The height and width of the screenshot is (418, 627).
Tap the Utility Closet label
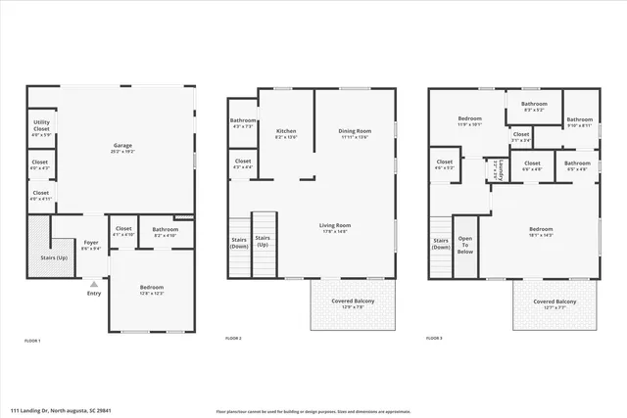click(x=41, y=123)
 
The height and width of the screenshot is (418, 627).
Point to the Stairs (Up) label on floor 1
click(x=53, y=258)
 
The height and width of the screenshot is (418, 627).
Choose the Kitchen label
click(x=286, y=130)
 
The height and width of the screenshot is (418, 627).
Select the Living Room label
click(x=335, y=225)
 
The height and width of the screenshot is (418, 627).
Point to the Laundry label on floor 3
click(x=501, y=170)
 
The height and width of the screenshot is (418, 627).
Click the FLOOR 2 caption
click(x=233, y=338)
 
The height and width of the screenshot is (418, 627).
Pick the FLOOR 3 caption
click(x=434, y=338)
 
